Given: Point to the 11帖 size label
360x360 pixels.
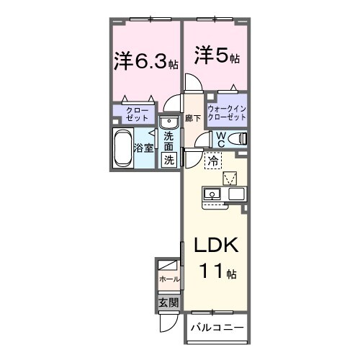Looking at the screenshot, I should coord(216,273).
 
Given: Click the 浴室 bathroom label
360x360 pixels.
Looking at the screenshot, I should coord(143,148).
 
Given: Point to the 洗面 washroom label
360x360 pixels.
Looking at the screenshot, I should coord(168,141).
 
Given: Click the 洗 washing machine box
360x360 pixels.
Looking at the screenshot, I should coord(168,160).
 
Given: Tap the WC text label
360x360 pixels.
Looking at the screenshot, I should coord(222,138).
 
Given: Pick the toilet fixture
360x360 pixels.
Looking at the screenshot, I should coord(239,138).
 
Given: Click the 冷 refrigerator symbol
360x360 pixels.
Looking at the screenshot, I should coord(213,163).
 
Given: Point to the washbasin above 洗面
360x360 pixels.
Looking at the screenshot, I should coord(168,121).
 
